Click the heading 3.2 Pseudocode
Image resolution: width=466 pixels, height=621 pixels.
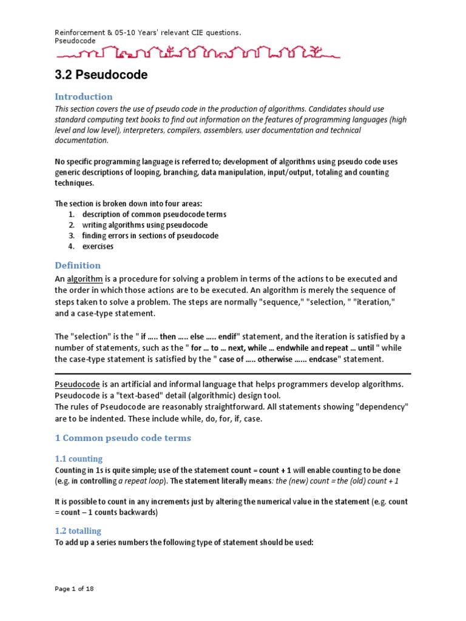tap(101, 76)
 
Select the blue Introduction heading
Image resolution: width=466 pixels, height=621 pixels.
tap(84, 96)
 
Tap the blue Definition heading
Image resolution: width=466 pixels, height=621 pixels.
tap(78, 265)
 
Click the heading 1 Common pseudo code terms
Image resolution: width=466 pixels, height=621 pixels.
tap(123, 438)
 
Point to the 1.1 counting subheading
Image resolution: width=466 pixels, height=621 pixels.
tap(78, 458)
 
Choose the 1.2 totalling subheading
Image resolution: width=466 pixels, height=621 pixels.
tap(78, 531)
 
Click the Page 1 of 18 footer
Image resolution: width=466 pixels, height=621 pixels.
tap(74, 588)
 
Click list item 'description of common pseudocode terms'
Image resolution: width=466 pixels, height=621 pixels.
tap(154, 214)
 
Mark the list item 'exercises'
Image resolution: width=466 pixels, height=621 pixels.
tap(98, 246)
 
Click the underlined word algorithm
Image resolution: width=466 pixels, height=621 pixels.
tap(85, 278)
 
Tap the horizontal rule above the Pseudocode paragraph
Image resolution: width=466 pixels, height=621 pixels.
tap(233, 374)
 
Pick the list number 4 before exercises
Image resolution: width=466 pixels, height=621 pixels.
tap(71, 246)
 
